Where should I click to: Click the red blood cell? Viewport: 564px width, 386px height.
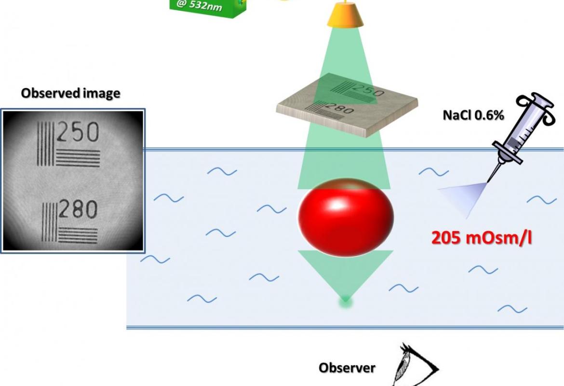point(346,218)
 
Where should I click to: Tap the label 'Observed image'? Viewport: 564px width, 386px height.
point(71,93)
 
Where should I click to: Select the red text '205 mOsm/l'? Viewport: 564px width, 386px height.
point(481,238)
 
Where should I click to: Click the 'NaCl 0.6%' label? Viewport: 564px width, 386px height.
point(473,115)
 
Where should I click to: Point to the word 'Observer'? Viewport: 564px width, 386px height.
point(347,368)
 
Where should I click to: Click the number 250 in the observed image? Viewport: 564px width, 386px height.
point(78,132)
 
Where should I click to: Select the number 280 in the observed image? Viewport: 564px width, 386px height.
point(78,209)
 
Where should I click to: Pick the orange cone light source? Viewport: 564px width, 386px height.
point(345,14)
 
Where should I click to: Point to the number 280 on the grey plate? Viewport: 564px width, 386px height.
point(339,108)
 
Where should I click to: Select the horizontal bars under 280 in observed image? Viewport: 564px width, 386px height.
point(78,235)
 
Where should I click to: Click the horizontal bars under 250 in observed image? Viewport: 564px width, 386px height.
point(78,158)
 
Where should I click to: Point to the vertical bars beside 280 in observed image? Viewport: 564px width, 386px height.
point(50,222)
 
